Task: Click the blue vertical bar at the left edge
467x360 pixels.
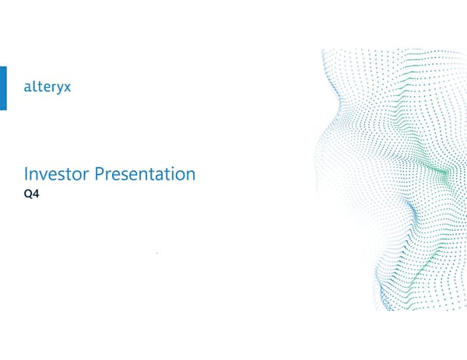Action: click(3, 88)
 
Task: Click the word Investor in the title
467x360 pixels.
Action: click(57, 174)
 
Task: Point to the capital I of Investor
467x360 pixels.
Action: click(27, 174)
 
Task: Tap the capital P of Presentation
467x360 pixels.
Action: click(98, 174)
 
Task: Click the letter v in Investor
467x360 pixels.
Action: click(44, 176)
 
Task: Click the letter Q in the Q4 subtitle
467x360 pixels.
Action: click(30, 194)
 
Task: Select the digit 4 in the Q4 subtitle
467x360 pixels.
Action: click(38, 194)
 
